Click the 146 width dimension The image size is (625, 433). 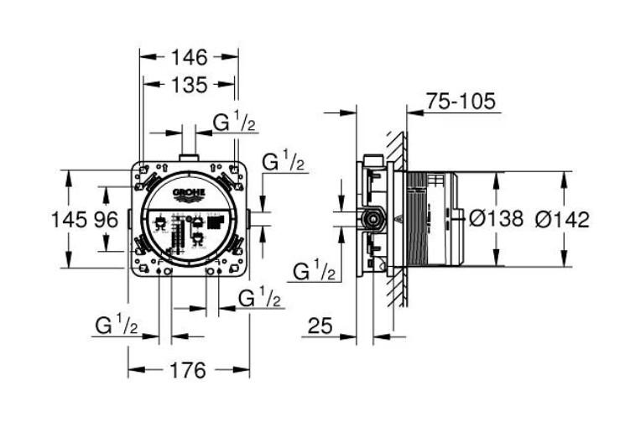[189, 57]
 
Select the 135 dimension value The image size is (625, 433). [189, 84]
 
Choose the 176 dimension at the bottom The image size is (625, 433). [188, 370]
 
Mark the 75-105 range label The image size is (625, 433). [461, 102]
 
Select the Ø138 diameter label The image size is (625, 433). [496, 220]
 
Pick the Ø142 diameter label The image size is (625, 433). [561, 220]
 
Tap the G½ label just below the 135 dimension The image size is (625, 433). [234, 123]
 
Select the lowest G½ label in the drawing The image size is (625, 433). [117, 326]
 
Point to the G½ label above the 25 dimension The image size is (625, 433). [315, 271]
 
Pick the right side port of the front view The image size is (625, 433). [249, 220]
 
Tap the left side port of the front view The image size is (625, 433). [129, 220]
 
